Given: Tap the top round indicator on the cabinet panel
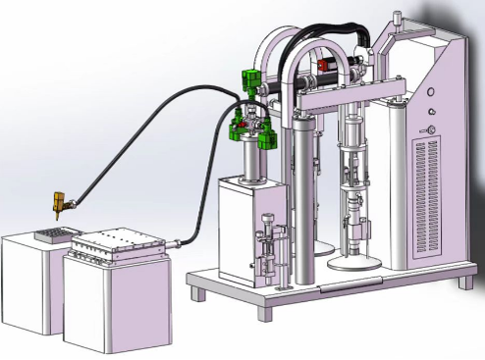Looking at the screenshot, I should (x=429, y=95).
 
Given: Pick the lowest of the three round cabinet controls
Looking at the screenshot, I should (x=429, y=129).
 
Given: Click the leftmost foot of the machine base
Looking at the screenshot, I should (x=199, y=292).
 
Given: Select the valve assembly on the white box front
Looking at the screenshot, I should (x=267, y=250).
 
